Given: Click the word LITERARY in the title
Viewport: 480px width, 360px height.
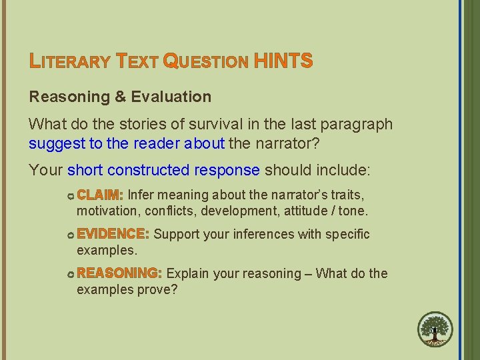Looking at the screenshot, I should tap(70, 62).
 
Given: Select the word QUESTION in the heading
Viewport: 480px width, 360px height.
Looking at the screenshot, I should tap(205, 62).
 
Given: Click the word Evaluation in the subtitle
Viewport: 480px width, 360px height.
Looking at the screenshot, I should tap(171, 97).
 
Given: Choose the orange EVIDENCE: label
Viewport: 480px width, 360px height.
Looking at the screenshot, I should tap(113, 234).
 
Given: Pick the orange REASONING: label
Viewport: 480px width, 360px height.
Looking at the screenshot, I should tap(119, 273).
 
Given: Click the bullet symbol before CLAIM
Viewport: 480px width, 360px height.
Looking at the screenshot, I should tap(70, 196).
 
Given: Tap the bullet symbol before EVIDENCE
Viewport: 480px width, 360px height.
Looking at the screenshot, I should tap(70, 235).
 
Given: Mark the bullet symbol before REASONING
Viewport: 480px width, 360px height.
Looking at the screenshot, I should tap(70, 274).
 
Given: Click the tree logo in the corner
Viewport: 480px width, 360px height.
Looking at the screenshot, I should tap(435, 330).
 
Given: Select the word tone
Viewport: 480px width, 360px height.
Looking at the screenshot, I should tap(352, 211).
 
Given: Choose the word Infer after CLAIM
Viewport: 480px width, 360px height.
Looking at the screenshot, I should tap(141, 195).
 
